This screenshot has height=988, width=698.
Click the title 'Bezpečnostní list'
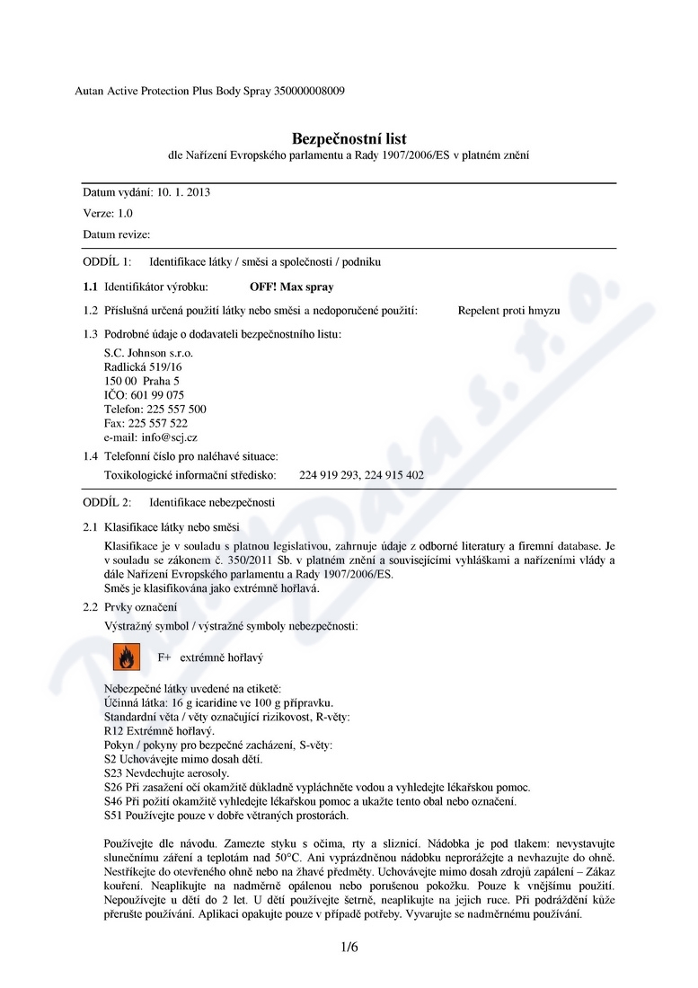click(x=349, y=138)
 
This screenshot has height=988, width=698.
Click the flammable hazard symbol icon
click(x=127, y=657)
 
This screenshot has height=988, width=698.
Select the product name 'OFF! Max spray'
click(x=291, y=287)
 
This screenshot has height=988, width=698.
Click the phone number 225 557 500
click(x=176, y=409)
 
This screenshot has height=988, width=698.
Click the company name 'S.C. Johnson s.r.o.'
click(x=148, y=353)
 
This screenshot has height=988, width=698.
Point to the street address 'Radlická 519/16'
click(x=144, y=366)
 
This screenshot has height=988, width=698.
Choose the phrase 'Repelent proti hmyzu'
click(x=508, y=311)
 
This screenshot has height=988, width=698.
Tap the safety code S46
click(x=114, y=800)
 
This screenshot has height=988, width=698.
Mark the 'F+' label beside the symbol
click(x=164, y=657)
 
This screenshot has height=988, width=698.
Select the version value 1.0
click(x=125, y=213)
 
